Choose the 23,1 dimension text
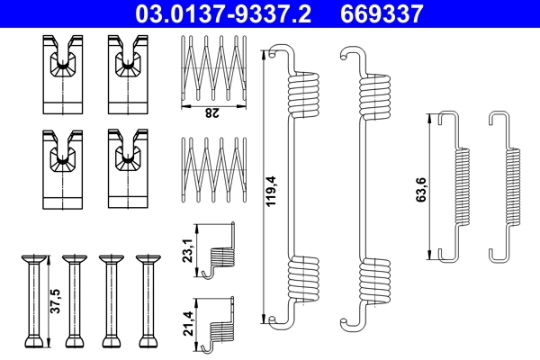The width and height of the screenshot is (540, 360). coord(186,247)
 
